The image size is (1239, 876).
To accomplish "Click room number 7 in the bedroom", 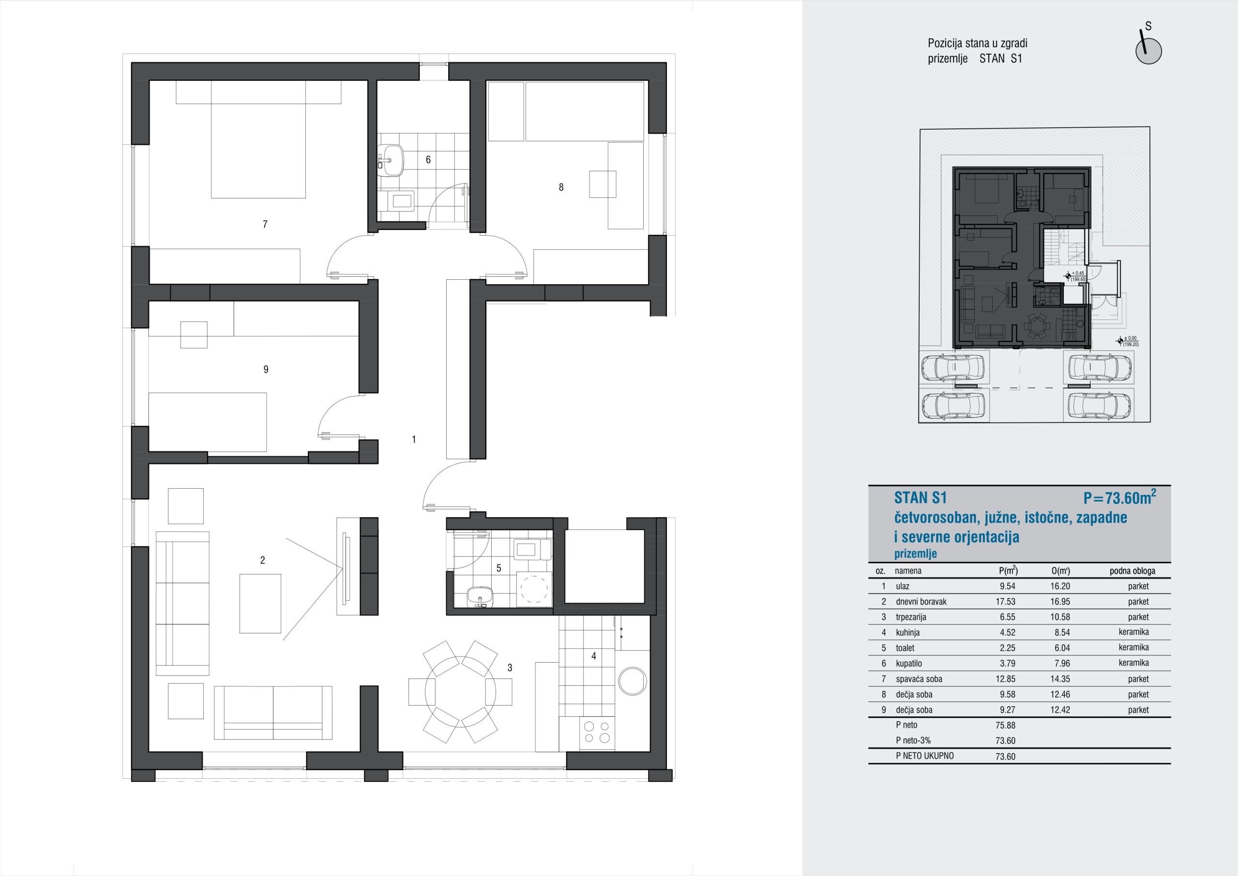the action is pos(265,225).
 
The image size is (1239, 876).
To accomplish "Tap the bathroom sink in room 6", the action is pos(391,160).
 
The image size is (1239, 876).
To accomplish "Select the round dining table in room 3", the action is pos(460,692).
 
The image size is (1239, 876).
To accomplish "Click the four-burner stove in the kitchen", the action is pos(597,732).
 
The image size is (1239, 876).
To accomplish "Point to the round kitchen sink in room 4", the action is pos(633,680).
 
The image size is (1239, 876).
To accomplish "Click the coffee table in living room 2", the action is pos(260,604).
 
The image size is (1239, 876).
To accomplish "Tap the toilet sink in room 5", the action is pos(480,596).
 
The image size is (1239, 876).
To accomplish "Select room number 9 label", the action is pos(266,370).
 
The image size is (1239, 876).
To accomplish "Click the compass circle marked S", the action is pos(1148,51).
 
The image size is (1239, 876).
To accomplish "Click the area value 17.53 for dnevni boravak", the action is pos(1005,601).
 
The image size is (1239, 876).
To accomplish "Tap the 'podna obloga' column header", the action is pos(1132,571).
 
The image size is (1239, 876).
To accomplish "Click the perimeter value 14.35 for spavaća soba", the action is pos(1060,679).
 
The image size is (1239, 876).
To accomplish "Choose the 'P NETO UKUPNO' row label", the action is pos(924,755).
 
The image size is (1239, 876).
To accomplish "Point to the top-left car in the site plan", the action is pos(954,369).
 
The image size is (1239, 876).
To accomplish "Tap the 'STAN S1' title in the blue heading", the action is pos(920,497).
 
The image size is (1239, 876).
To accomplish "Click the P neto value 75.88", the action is pos(1005,725).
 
